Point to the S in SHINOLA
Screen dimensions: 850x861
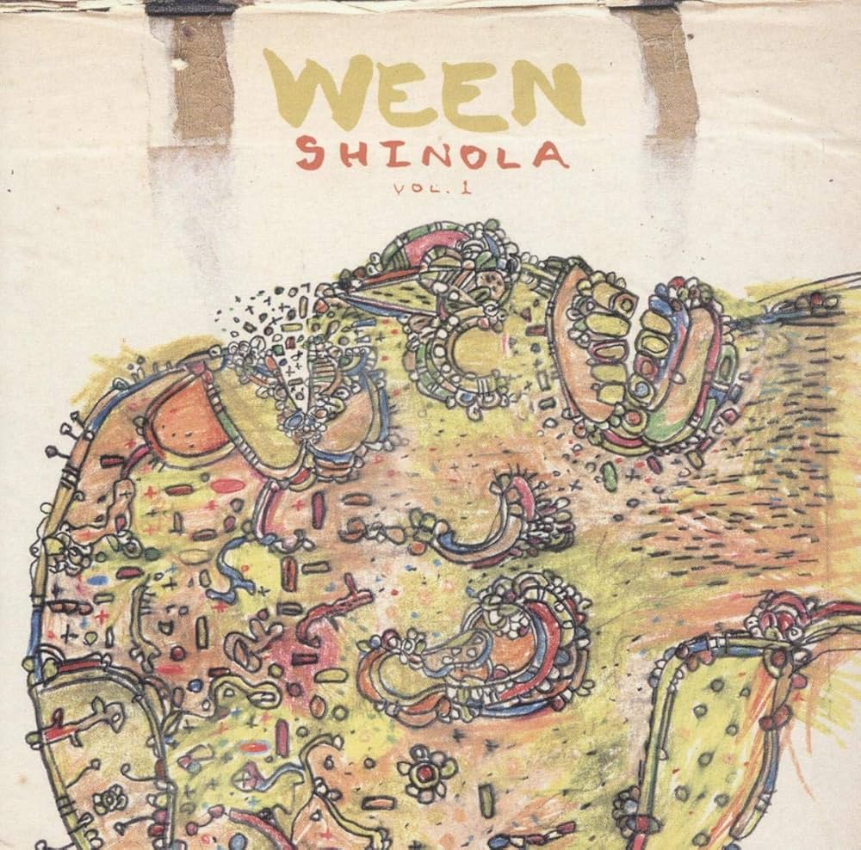(310, 155)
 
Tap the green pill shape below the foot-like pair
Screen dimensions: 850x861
(610, 476)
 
